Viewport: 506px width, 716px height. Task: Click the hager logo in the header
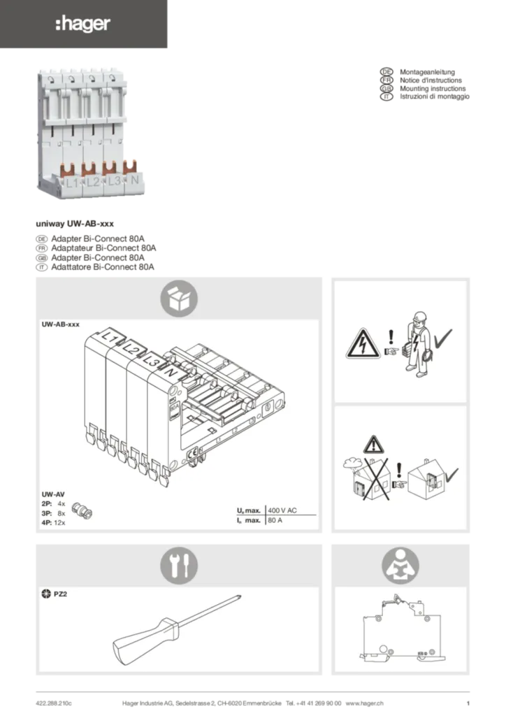click(x=82, y=24)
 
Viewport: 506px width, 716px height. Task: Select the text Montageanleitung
click(x=427, y=72)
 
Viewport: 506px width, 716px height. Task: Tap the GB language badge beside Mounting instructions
click(x=386, y=89)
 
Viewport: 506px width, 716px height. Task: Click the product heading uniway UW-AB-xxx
click(x=75, y=224)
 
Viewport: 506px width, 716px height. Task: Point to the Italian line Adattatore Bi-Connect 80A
click(x=103, y=267)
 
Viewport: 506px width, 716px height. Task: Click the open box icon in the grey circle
click(x=179, y=299)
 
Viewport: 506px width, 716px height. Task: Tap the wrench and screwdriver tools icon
click(x=179, y=566)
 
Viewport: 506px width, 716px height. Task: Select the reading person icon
click(x=400, y=566)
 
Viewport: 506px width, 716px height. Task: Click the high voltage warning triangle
click(x=363, y=343)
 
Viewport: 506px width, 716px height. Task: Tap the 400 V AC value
click(x=282, y=510)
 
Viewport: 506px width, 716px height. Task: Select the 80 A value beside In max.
click(x=275, y=520)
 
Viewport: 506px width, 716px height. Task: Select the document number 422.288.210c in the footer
click(x=54, y=703)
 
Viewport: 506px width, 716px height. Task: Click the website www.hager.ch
click(x=364, y=703)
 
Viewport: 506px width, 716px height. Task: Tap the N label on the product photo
click(x=135, y=180)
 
